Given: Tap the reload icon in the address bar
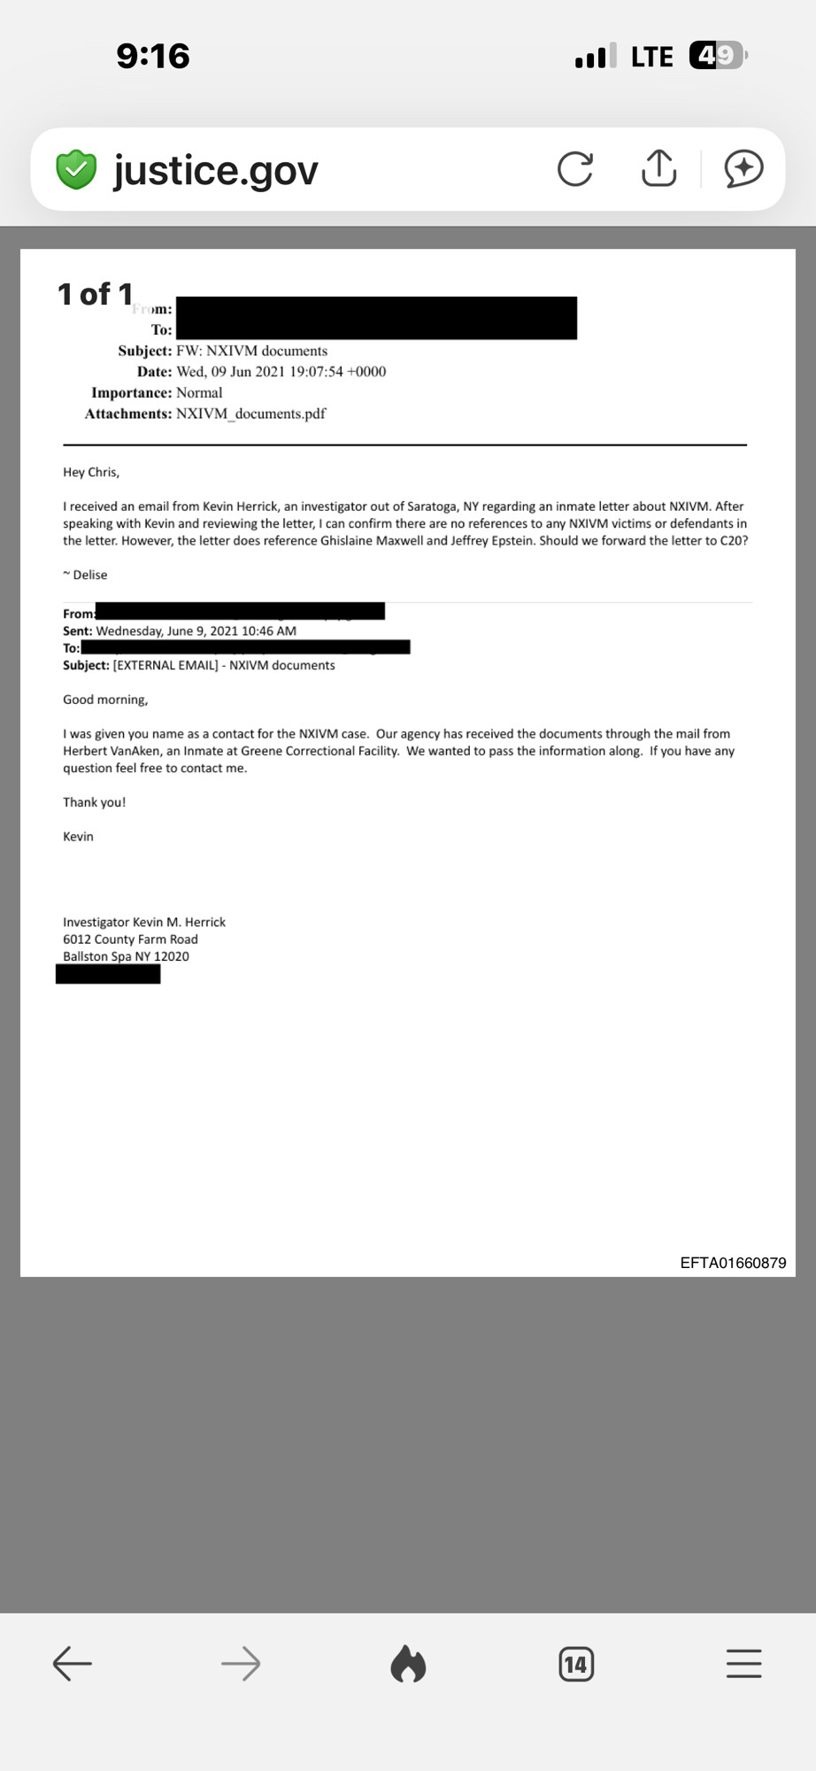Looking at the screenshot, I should [x=575, y=168].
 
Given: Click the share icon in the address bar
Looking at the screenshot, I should [x=658, y=167].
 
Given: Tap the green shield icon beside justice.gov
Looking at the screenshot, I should [x=77, y=169].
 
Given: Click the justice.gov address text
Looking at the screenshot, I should [x=216, y=170].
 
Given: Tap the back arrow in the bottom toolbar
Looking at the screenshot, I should [x=73, y=1664].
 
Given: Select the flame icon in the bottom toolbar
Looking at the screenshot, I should [x=408, y=1664].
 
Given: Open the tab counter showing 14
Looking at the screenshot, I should [x=576, y=1665].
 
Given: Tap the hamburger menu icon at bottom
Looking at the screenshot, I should [x=743, y=1664].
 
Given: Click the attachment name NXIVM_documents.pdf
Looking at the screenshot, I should [x=250, y=414].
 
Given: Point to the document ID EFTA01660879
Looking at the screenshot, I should [x=733, y=1263].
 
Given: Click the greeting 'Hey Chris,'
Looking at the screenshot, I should [x=91, y=472].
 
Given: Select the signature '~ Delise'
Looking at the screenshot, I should [x=85, y=575].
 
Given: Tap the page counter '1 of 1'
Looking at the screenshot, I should [x=95, y=294].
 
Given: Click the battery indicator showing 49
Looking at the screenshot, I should [x=718, y=56].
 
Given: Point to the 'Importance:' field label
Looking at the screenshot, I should [x=131, y=392].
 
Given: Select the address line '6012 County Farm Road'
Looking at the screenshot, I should [x=130, y=940].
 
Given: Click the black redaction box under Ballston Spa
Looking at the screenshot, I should [x=108, y=974].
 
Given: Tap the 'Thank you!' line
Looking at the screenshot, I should [x=94, y=802].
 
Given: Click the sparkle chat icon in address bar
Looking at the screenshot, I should [x=743, y=168].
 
